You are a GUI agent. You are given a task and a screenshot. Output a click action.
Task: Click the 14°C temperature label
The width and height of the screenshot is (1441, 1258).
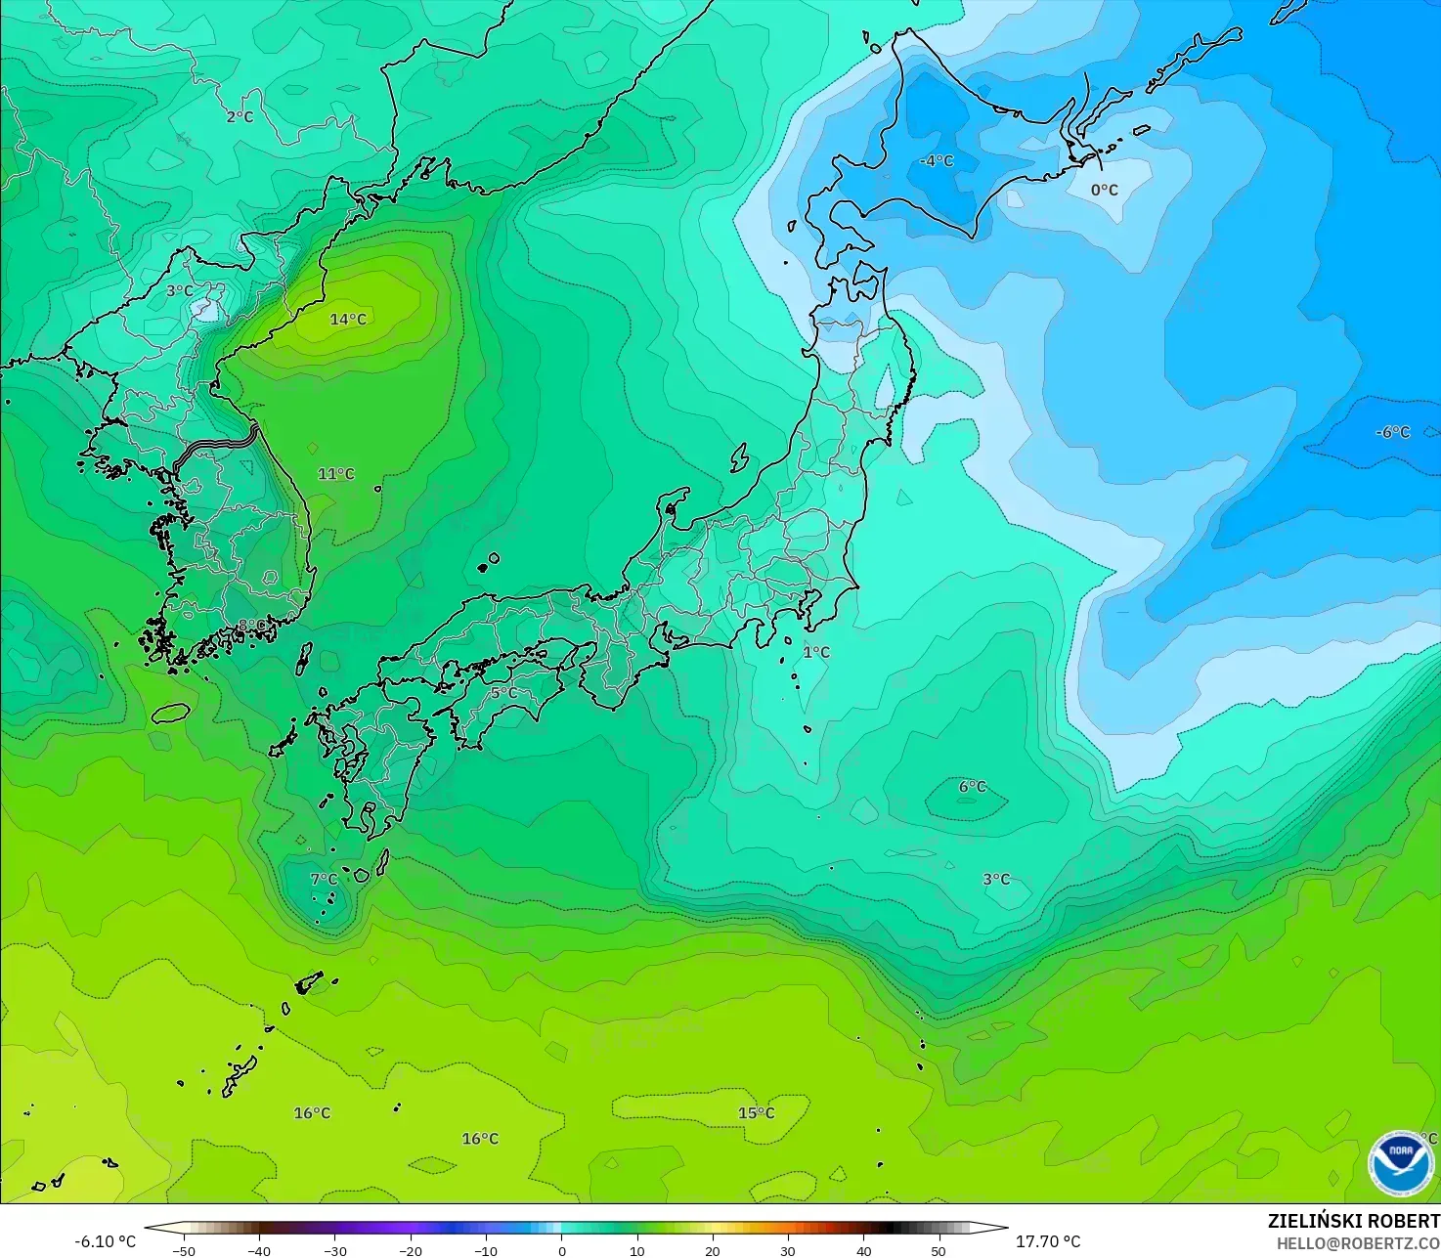[348, 320]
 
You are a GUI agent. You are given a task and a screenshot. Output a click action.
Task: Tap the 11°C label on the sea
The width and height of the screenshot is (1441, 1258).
[336, 474]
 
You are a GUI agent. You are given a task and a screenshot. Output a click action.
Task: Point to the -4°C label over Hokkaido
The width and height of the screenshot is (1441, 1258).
[937, 160]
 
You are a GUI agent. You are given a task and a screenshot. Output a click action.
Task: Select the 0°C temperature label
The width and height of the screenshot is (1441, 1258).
[1105, 190]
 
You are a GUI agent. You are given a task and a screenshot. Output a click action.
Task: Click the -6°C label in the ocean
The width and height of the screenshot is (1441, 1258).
[1393, 432]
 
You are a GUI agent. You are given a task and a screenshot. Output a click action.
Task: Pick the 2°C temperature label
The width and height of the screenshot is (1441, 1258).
[240, 116]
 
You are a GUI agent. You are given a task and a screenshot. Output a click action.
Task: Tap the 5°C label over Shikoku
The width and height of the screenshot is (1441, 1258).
[504, 693]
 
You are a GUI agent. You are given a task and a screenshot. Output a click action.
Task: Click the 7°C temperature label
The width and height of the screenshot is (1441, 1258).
[324, 880]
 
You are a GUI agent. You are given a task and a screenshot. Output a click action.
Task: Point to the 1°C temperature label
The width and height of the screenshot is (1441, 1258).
[816, 652]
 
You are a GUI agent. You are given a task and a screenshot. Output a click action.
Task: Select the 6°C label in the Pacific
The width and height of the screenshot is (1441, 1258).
[973, 786]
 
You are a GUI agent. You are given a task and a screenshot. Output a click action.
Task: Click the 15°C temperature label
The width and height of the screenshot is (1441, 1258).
[756, 1113]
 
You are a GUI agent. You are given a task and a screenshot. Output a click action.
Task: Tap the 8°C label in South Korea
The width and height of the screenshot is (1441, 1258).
[252, 625]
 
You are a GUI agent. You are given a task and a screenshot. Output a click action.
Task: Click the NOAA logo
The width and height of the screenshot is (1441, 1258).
[1401, 1162]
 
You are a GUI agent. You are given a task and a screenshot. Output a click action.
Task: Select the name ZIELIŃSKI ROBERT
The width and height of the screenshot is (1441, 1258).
[1353, 1221]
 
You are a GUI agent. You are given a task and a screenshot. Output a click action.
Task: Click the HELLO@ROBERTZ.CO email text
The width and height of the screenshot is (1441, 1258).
[1358, 1243]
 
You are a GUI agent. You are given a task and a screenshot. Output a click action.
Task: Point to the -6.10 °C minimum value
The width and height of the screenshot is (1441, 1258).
[106, 1241]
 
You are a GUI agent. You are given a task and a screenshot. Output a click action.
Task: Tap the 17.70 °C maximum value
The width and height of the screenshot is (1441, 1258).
[1048, 1241]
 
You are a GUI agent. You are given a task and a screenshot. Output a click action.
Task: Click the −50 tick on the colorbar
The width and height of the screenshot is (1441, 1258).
[184, 1251]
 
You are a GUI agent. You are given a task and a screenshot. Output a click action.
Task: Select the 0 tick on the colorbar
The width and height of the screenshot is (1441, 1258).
[561, 1251]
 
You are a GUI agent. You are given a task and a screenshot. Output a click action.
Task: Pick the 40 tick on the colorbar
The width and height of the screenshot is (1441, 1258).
[863, 1251]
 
